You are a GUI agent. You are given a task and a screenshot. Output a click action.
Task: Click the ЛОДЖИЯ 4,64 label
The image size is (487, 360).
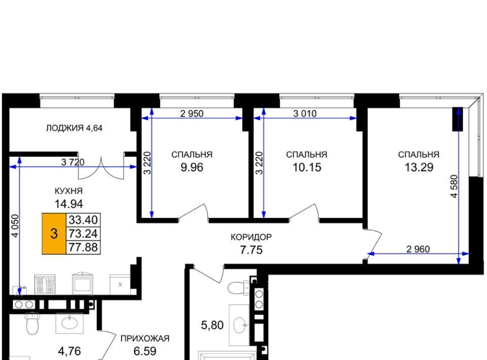74,128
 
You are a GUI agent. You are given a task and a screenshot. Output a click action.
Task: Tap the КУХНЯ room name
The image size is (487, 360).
68,191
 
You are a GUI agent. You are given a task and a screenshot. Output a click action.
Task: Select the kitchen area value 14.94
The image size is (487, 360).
68,204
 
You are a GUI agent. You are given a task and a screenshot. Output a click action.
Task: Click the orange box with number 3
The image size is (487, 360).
54,233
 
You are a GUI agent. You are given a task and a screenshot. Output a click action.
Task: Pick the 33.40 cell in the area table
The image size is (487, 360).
83,220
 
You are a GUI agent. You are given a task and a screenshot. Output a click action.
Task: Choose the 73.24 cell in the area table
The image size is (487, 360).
83,233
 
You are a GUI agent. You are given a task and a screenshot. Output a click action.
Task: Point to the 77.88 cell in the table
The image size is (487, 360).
83,247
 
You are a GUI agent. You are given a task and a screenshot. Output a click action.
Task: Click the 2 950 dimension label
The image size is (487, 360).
192,114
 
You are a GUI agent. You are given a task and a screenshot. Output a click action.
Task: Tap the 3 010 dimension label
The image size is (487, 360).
305,114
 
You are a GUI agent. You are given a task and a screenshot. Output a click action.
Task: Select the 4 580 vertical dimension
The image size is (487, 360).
454,186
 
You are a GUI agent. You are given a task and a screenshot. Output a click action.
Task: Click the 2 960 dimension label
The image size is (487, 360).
418,249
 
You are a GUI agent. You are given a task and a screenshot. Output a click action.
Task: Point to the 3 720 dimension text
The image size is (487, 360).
73,162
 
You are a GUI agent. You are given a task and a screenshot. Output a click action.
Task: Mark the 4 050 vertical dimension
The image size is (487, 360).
15,226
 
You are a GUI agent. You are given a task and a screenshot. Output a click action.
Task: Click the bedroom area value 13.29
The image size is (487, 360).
419,167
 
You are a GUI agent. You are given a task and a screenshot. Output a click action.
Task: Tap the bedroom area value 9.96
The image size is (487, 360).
192,167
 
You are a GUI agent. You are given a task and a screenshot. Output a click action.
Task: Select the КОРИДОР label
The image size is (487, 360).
251,237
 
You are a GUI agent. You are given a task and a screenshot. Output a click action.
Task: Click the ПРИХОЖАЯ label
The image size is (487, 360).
145,338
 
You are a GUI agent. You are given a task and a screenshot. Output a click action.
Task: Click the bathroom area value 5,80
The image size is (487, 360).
213,325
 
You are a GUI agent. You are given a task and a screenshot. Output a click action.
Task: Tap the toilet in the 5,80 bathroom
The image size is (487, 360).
238,287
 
